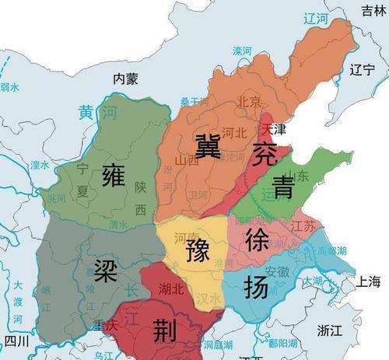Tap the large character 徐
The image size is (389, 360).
click(x=257, y=240)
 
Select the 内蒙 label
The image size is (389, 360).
click(x=125, y=78)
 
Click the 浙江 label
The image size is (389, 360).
click(x=329, y=330)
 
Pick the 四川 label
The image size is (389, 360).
click(x=16, y=341)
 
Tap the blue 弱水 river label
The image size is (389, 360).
click(x=10, y=88)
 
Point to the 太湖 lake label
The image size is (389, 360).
click(x=312, y=281)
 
